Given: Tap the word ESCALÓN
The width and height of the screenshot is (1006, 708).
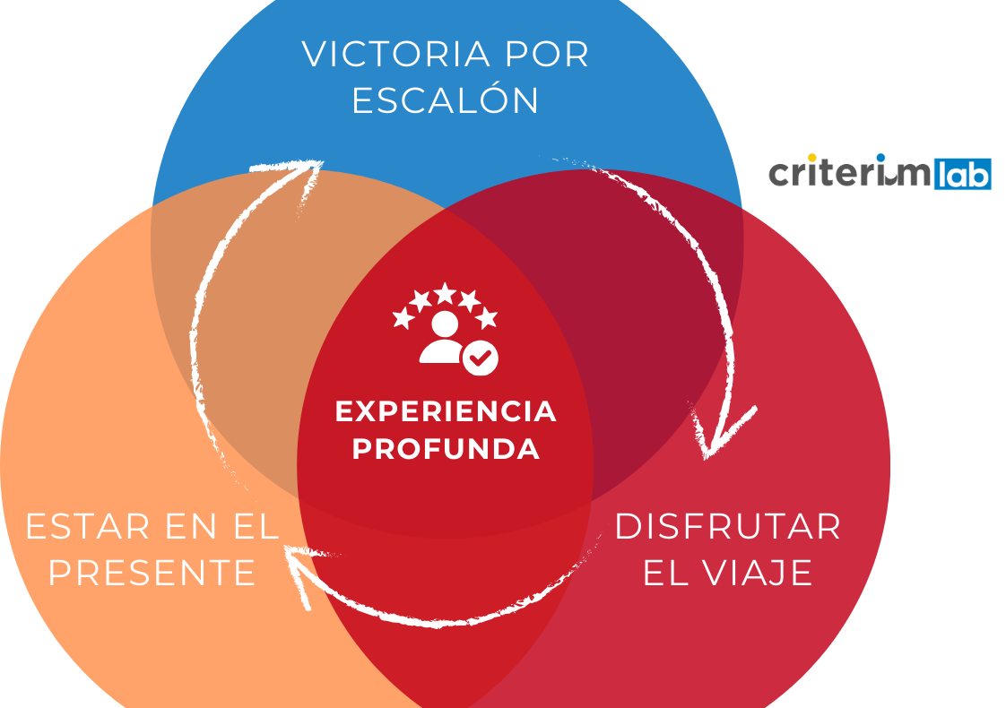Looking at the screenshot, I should coord(445,100).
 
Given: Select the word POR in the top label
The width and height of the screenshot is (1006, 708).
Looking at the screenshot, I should coord(547,55).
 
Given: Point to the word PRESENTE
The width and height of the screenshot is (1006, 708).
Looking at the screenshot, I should coord(152,573).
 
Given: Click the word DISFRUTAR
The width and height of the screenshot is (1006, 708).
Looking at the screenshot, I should coord(727,526).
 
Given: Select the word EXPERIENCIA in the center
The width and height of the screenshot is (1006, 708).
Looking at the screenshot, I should coord(446,411).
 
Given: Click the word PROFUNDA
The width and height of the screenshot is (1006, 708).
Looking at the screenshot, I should coord(446,448).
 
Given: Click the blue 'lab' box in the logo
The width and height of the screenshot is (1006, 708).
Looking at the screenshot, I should coord(962,174).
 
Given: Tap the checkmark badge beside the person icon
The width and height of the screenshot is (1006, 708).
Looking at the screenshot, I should coord(481,358).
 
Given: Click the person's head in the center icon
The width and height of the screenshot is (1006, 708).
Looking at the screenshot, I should coord(444,324).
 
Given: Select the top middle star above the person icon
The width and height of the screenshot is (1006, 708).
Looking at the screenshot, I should coord(445,293).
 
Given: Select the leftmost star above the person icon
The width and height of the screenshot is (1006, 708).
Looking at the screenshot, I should coord(403,317).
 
